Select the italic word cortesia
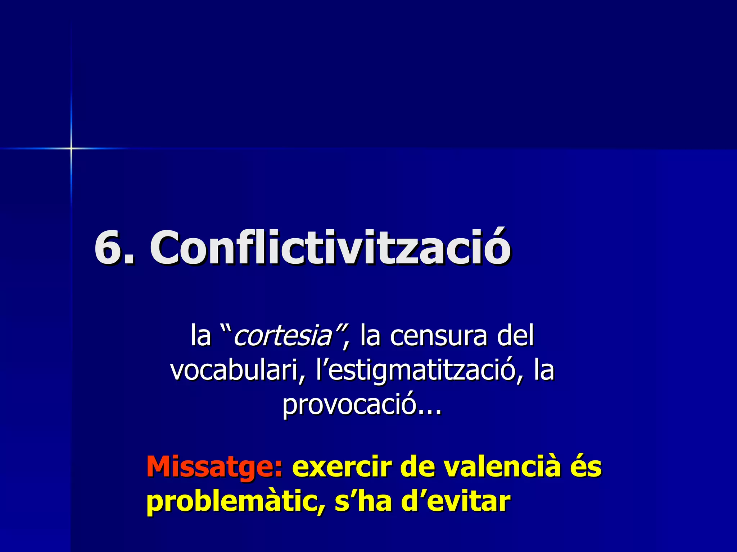283,336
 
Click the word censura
439,336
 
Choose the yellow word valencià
502,466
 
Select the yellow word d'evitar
456,501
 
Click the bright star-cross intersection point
71,148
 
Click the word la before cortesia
200,336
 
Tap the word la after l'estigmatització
544,370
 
